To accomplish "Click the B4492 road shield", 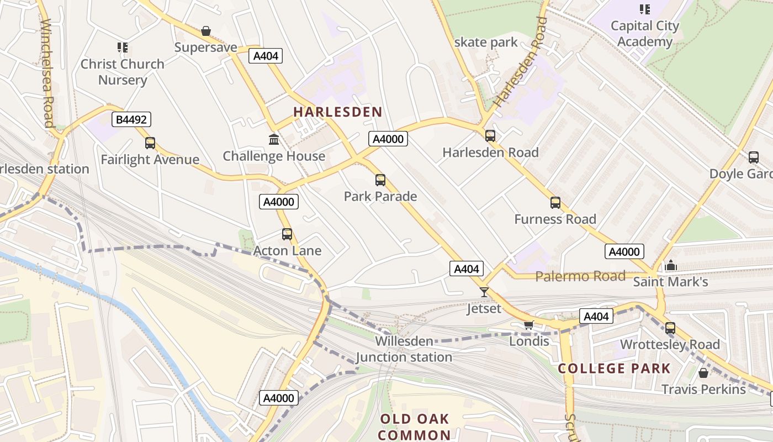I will click(131, 119).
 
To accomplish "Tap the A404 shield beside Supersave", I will click(266, 56).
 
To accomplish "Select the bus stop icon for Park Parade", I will click(380, 180).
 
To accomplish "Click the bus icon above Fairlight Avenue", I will click(150, 143).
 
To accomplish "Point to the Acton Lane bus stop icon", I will click(287, 234).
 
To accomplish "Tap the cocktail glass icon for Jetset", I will click(484, 292).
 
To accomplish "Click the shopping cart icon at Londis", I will click(528, 325).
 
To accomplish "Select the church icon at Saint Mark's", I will click(671, 266).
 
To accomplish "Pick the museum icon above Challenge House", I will click(274, 139).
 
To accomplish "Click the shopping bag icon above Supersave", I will click(206, 31).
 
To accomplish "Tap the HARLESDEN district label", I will click(337, 112).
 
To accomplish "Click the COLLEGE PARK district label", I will click(614, 369).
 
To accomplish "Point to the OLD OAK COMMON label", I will click(414, 427).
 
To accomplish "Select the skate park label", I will click(486, 42).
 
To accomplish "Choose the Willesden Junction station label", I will click(404, 349).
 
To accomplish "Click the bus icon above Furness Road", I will click(555, 203).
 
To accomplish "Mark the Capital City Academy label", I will click(644, 34).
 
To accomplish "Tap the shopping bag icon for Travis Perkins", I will click(703, 373).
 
